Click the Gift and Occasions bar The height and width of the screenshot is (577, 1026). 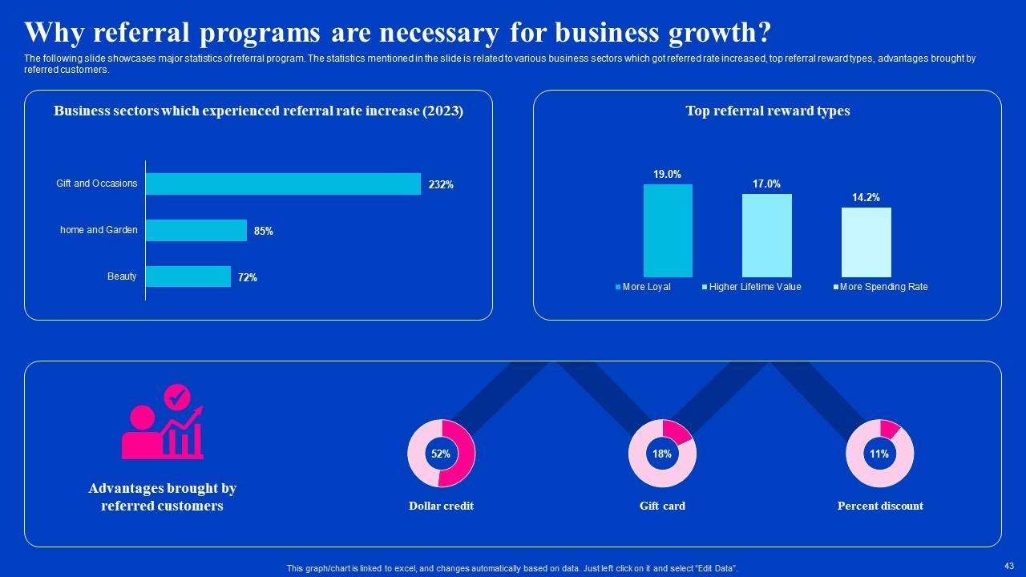tap(283, 184)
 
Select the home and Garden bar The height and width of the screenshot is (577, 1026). tap(196, 231)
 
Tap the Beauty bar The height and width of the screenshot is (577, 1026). tap(188, 276)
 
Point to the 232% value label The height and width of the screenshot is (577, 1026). tap(441, 184)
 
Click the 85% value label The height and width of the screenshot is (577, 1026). tap(264, 231)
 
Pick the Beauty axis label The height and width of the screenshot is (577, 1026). tap(122, 276)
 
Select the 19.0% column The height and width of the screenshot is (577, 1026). tap(668, 231)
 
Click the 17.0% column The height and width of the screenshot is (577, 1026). tap(766, 236)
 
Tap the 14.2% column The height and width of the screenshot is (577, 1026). tap(866, 242)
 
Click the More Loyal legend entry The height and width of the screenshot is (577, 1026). tap(643, 287)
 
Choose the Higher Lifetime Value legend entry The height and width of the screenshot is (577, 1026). tap(751, 287)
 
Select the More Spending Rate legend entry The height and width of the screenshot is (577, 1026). tap(880, 287)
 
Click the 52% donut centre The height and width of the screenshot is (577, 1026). tap(441, 454)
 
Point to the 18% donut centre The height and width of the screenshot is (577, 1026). tap(662, 454)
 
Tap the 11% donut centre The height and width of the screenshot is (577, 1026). tap(879, 454)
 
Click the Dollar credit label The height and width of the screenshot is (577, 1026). tap(441, 506)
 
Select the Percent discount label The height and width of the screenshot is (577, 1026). tap(880, 506)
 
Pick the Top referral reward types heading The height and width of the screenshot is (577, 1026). tap(767, 111)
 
